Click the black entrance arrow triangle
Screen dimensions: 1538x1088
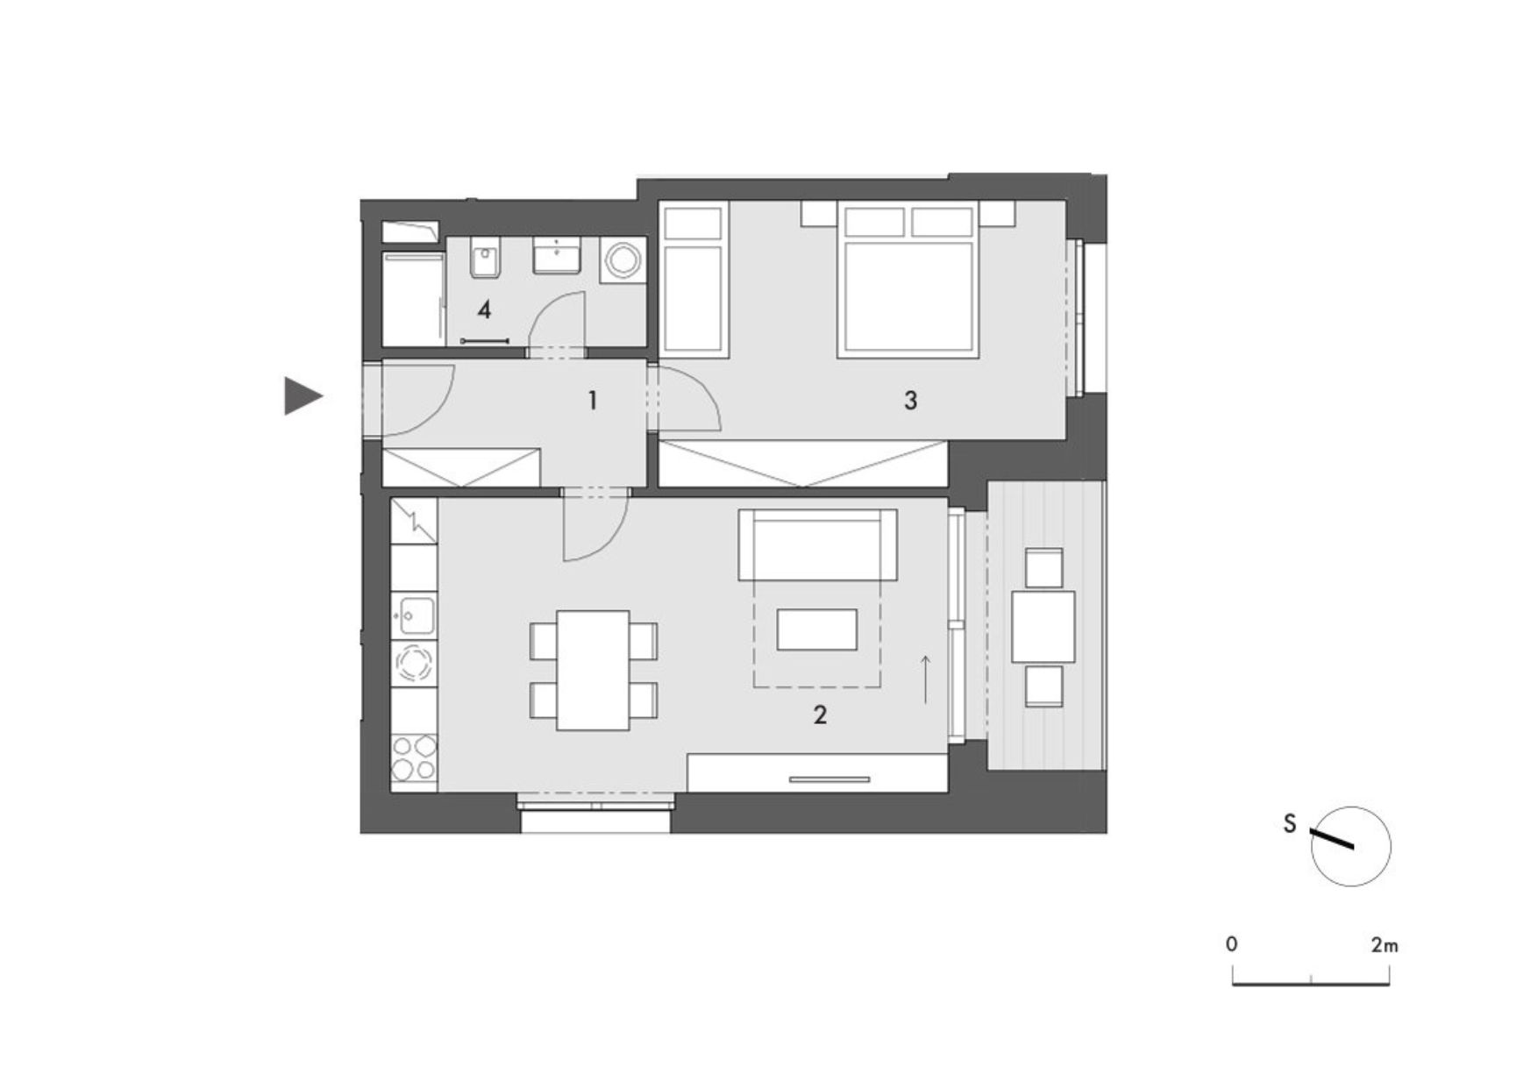click(x=302, y=396)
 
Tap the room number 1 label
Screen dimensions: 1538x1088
click(x=593, y=401)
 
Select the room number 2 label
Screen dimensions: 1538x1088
click(x=820, y=715)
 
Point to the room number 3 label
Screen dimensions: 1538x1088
click(x=910, y=401)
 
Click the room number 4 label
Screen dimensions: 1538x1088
click(x=483, y=309)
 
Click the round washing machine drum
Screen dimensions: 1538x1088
click(x=623, y=260)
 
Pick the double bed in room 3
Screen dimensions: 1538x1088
click(x=908, y=280)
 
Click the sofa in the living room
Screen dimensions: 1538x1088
click(x=817, y=544)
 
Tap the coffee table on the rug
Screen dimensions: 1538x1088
click(x=816, y=629)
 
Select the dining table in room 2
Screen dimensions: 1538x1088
click(x=593, y=671)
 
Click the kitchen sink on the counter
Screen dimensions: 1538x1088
click(x=414, y=615)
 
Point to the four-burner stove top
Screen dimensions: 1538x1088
click(x=414, y=757)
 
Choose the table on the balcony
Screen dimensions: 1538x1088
click(x=1043, y=626)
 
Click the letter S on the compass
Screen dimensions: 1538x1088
click(x=1289, y=824)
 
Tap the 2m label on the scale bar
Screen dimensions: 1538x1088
click(x=1385, y=945)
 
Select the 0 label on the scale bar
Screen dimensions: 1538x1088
click(x=1232, y=944)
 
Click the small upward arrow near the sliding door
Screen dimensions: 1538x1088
click(x=925, y=678)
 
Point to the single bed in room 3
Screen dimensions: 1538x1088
click(x=694, y=280)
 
